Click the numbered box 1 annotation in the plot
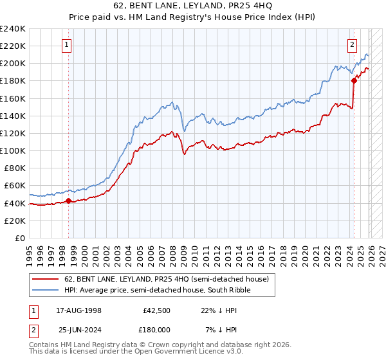tap(68, 45)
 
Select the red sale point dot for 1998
tap(69, 201)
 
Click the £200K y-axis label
tap(13, 64)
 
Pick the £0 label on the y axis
tap(21, 238)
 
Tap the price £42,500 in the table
tap(157, 310)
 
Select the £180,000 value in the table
tap(156, 330)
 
